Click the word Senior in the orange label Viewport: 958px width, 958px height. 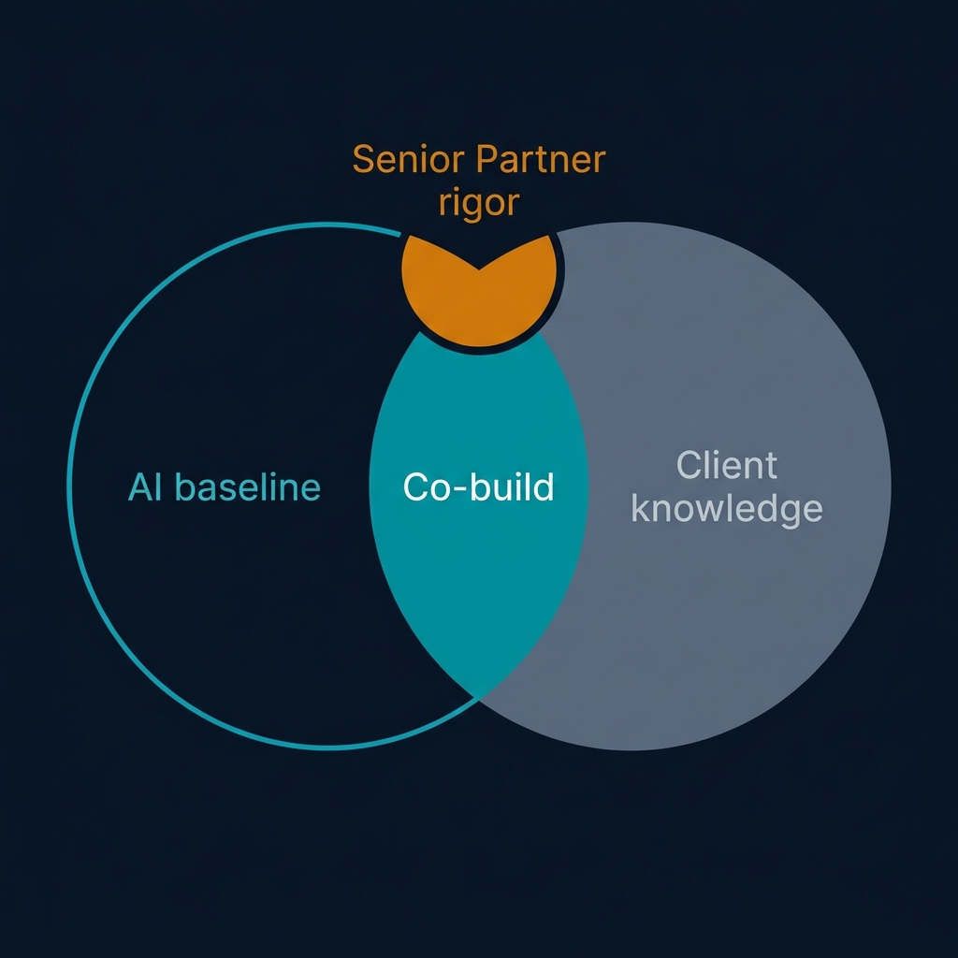(409, 160)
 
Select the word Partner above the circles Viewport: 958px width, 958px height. (540, 160)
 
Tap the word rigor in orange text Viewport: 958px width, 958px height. (478, 202)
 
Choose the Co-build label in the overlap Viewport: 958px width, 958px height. (478, 487)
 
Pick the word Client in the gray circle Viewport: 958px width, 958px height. (727, 465)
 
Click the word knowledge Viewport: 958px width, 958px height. (727, 509)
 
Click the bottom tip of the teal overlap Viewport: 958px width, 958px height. (479, 694)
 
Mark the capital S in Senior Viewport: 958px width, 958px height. (363, 160)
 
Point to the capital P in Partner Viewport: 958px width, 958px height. (485, 160)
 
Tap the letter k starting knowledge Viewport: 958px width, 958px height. (639, 509)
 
